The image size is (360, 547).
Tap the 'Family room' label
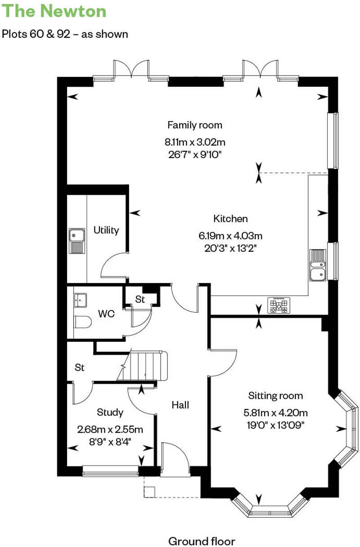click(195, 125)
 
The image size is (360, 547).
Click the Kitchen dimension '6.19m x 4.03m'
click(230, 235)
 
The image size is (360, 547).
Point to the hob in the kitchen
click(279, 306)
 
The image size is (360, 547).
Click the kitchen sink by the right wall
click(317, 265)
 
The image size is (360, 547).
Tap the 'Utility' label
click(106, 230)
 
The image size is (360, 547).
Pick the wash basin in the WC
click(81, 300)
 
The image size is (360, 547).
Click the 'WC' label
click(106, 314)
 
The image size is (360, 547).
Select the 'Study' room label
click(110, 412)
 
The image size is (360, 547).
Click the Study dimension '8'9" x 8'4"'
click(110, 441)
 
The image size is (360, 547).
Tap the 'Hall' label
click(180, 405)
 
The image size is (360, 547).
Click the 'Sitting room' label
click(275, 396)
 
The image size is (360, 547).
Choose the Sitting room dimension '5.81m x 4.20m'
click(275, 412)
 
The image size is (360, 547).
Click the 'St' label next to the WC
click(140, 300)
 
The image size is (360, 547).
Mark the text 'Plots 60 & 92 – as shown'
click(65, 34)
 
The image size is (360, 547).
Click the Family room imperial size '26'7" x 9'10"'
click(195, 154)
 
